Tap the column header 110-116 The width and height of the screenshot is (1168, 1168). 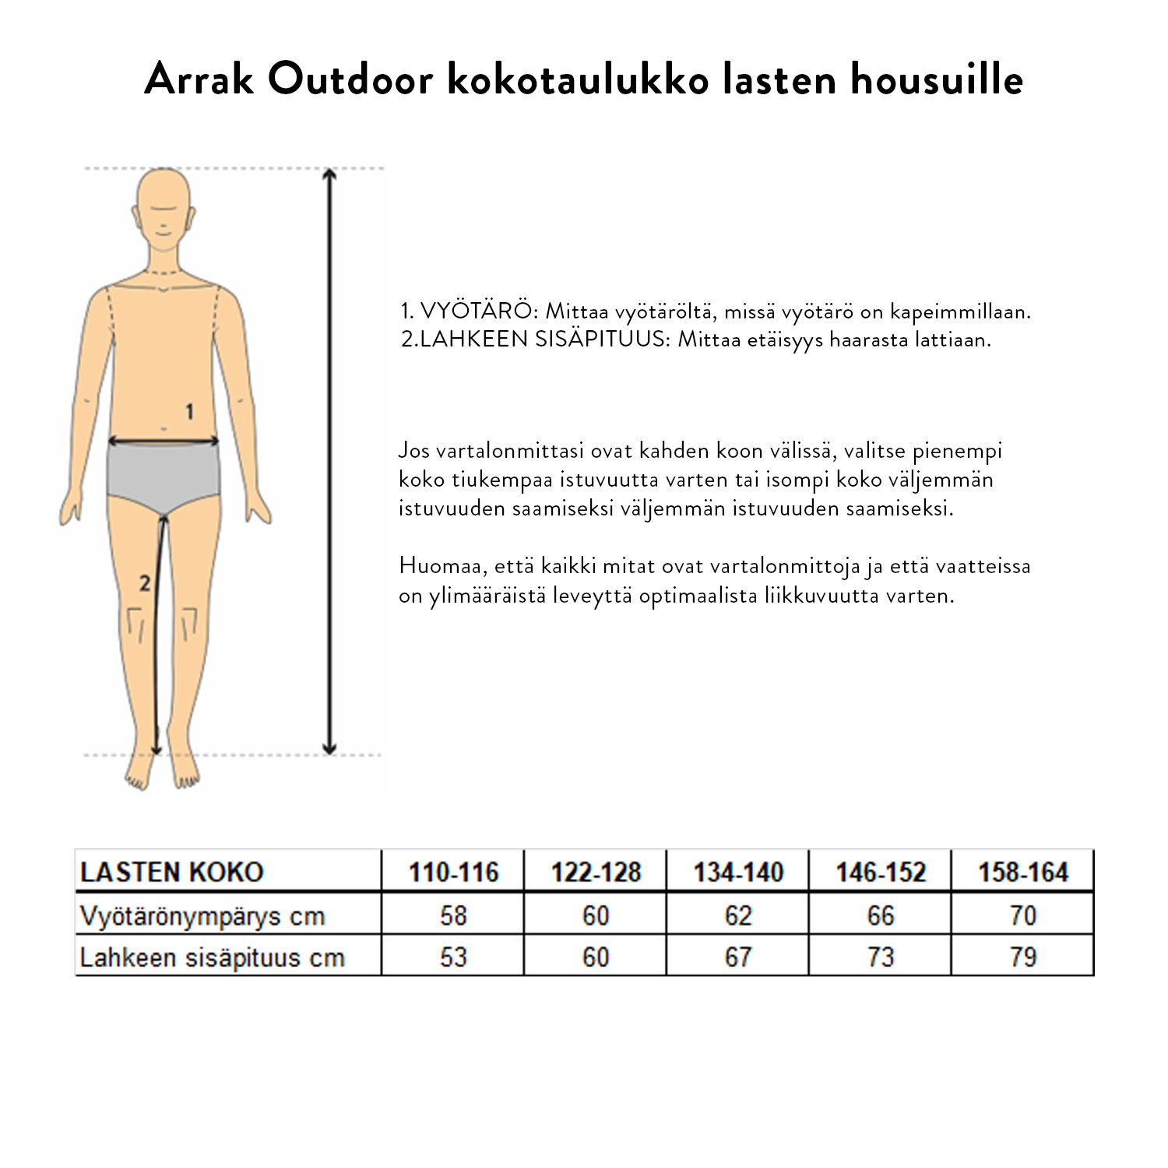(453, 872)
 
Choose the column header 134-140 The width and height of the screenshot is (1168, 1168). (738, 872)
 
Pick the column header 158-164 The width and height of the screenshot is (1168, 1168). (1023, 872)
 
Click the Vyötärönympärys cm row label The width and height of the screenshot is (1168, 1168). (202, 916)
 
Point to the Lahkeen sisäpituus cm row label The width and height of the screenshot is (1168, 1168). (212, 957)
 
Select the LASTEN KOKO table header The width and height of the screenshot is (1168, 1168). (171, 872)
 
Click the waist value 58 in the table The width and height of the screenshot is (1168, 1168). (453, 916)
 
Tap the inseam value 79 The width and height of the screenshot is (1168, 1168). (1023, 957)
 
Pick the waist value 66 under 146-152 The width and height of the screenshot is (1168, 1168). (881, 916)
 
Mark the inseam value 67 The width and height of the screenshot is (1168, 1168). (738, 957)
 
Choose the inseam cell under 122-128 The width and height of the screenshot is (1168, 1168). (596, 957)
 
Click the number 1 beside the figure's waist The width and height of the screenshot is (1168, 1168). (189, 411)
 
